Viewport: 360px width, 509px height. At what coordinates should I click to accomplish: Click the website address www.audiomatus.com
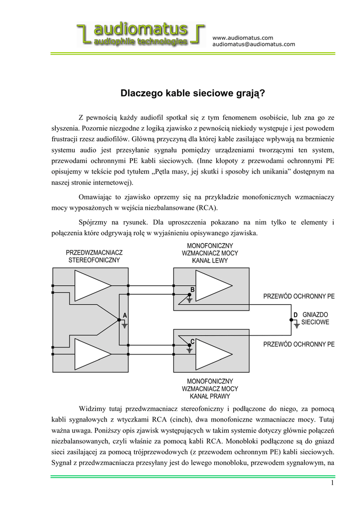(x=243, y=38)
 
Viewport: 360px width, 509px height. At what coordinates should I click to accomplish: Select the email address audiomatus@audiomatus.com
(x=254, y=44)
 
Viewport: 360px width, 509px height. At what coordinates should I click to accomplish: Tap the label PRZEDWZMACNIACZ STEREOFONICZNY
(x=94, y=256)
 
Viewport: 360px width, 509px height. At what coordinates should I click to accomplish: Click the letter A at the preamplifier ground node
(x=125, y=315)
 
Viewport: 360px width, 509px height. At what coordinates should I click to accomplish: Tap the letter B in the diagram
(x=192, y=289)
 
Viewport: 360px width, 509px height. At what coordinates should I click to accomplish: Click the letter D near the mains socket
(x=295, y=315)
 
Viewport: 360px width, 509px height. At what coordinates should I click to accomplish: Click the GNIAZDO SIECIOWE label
(x=316, y=319)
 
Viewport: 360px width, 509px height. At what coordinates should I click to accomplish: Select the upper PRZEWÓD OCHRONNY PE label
(x=299, y=296)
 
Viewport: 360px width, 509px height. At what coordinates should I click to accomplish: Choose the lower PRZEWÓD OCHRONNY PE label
(x=299, y=344)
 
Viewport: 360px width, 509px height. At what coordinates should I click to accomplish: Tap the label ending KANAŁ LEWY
(x=210, y=253)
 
